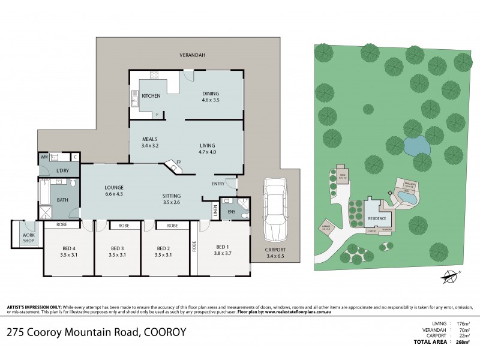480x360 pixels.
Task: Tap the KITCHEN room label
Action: pos(150,96)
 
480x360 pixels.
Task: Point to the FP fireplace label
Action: pos(178,161)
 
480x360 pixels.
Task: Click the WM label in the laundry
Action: pos(44,157)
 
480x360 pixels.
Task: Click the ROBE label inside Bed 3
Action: pos(124,226)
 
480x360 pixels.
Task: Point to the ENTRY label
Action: pos(218,184)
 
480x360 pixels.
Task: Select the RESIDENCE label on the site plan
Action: pos(377,219)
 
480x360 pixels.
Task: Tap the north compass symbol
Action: pos(448,277)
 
